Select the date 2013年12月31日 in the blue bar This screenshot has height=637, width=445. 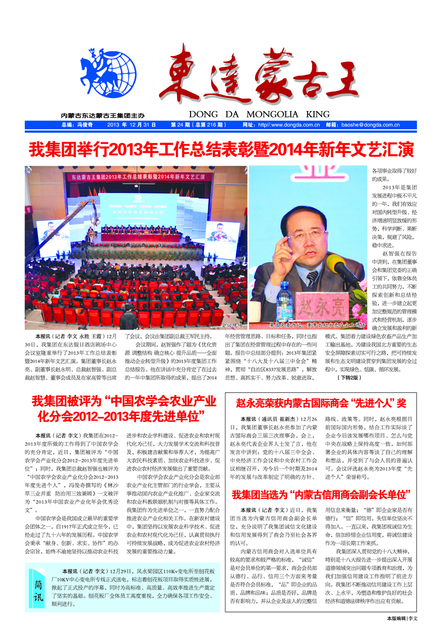tap(131, 125)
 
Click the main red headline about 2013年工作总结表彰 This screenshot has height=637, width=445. tap(222, 149)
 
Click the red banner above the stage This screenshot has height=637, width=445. tap(137, 176)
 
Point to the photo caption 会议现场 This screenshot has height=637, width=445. tap(231, 324)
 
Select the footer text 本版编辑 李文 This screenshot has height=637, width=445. tap(402, 618)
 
